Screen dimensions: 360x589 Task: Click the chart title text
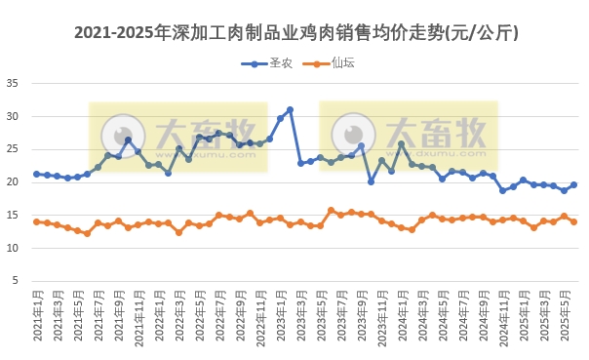pyautogui.click(x=295, y=33)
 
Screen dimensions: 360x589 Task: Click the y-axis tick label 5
pyautogui.click(x=15, y=281)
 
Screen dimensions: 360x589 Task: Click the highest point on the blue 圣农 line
pyautogui.click(x=290, y=110)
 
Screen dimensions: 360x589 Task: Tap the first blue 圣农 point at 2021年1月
pyautogui.click(x=37, y=174)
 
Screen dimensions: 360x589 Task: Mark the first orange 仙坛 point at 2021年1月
pyautogui.click(x=37, y=221)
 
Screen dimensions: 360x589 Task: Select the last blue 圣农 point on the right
pyautogui.click(x=573, y=184)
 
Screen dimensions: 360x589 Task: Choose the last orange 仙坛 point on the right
pyautogui.click(x=573, y=221)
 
